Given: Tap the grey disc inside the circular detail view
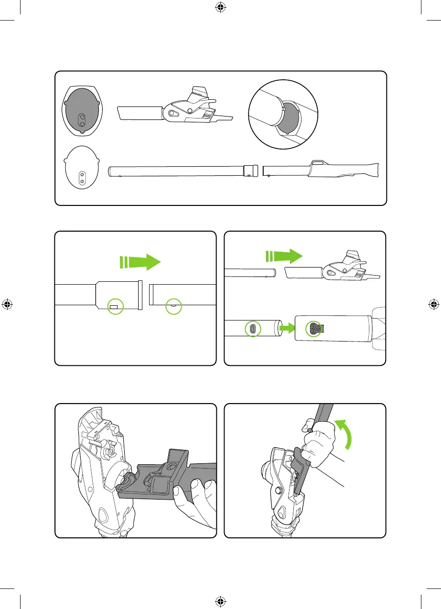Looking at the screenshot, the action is coord(289,119).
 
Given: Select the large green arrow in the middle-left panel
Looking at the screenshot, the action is coord(141,262).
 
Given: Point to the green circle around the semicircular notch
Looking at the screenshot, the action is coord(173,306).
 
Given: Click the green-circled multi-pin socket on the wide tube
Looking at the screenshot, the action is coord(315,328).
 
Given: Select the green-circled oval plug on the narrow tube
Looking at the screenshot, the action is coord(253,329).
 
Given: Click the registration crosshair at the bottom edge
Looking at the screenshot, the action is coord(220,600).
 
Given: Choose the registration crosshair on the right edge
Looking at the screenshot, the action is coord(433,304).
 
